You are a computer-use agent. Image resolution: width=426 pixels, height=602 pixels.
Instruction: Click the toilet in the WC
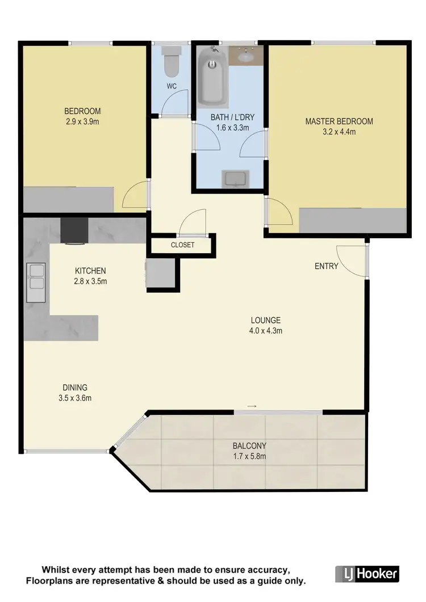click(x=170, y=63)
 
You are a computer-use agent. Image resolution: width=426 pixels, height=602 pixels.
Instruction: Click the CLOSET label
click(x=182, y=245)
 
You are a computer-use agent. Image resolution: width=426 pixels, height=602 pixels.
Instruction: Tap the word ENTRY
click(x=327, y=266)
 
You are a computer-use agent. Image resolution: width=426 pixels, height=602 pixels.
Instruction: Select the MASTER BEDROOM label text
click(x=339, y=121)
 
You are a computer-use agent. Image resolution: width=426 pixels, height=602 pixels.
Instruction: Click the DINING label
click(x=76, y=388)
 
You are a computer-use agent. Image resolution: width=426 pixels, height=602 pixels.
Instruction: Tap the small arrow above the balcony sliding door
click(x=252, y=406)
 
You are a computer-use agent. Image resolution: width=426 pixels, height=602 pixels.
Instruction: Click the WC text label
click(x=172, y=86)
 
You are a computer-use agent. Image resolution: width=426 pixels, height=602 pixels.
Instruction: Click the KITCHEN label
click(x=90, y=271)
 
